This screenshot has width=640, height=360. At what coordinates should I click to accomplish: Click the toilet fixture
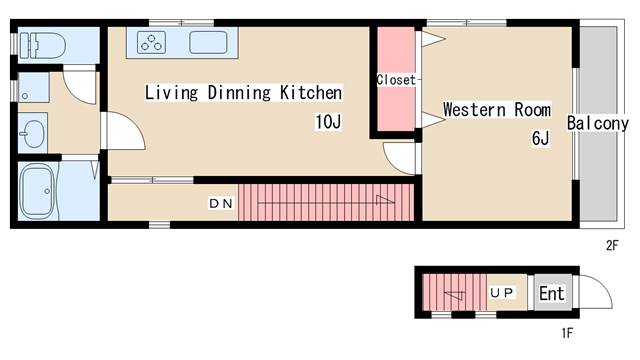pyautogui.click(x=42, y=45)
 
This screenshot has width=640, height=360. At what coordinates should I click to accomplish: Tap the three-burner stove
pyautogui.click(x=151, y=42)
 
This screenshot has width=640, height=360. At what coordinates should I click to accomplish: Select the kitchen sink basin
pyautogui.click(x=208, y=42)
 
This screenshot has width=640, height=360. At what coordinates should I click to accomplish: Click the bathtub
pyautogui.click(x=38, y=191)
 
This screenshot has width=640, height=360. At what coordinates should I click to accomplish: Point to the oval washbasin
pyautogui.click(x=33, y=133)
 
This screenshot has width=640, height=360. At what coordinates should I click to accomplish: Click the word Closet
pyautogui.click(x=396, y=80)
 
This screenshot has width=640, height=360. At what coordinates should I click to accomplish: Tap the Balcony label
pyautogui.click(x=598, y=123)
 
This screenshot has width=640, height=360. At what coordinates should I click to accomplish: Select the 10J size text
pyautogui.click(x=328, y=122)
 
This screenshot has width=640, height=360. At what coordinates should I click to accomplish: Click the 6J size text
pyautogui.click(x=540, y=138)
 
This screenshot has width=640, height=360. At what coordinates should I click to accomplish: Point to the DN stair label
pyautogui.click(x=221, y=203)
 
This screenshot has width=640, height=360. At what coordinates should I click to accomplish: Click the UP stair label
pyautogui.click(x=502, y=293)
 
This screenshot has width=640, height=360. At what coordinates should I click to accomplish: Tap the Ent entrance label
pyautogui.click(x=552, y=293)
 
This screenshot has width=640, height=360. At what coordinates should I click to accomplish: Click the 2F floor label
pyautogui.click(x=612, y=245)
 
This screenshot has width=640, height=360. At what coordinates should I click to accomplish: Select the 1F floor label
pyautogui.click(x=567, y=333)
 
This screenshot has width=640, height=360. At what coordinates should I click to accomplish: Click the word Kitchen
pyautogui.click(x=311, y=93)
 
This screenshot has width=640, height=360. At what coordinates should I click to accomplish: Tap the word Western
pyautogui.click(x=474, y=110)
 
